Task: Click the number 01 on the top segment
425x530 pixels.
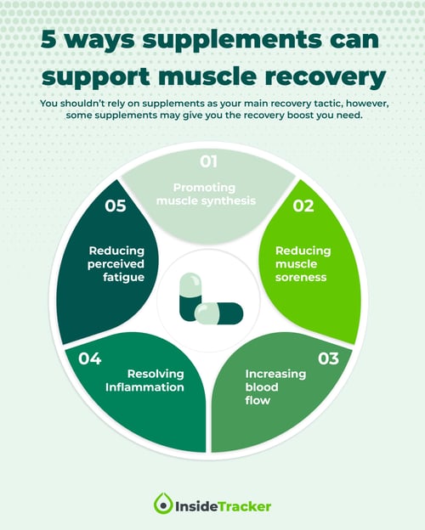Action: coord(209,161)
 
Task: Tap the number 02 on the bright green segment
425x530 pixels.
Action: coord(304,206)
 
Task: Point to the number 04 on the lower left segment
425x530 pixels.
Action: coord(90,358)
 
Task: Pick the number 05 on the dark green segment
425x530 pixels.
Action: coord(116,206)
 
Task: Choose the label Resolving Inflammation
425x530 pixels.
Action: coord(144,381)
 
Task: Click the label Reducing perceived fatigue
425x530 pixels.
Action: coord(116,264)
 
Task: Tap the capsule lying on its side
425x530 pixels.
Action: coord(218,313)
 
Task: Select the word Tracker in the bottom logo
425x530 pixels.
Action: coord(243,505)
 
